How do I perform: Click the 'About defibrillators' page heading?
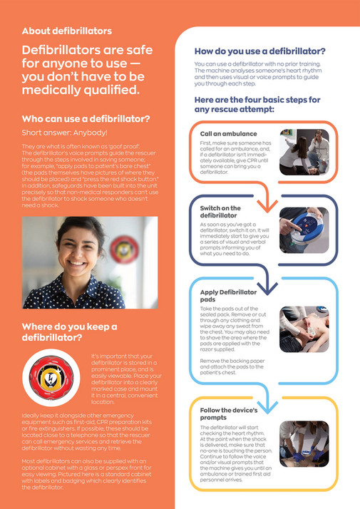(x=67, y=31)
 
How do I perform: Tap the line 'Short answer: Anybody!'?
(x=65, y=133)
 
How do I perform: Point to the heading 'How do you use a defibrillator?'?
(x=260, y=51)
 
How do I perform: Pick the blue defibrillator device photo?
(x=303, y=230)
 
